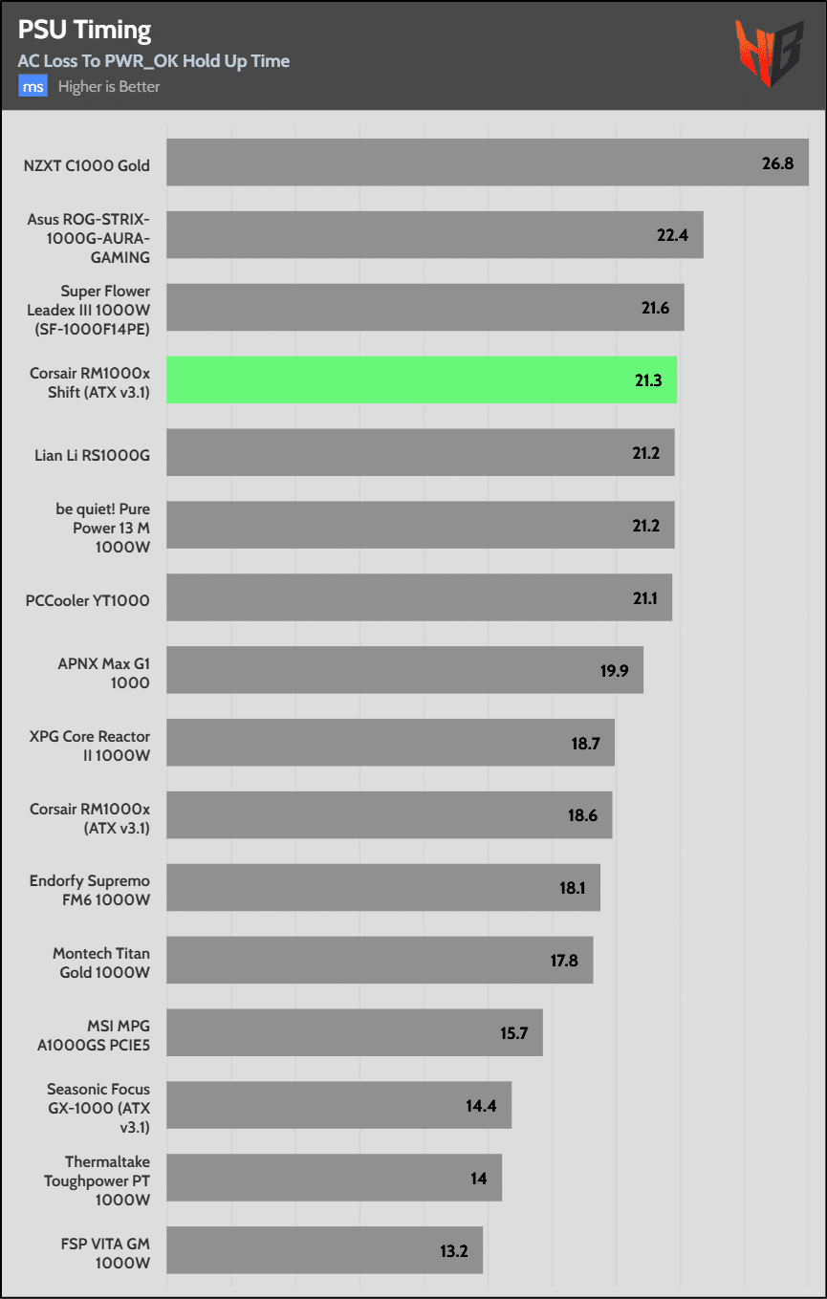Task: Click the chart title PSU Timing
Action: (x=84, y=31)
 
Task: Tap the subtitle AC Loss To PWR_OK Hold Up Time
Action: (x=153, y=61)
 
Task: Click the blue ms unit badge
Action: (x=33, y=87)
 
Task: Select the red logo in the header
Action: (x=768, y=54)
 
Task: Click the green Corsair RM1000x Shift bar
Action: (x=422, y=379)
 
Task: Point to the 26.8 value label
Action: (x=777, y=163)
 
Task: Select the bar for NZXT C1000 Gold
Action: (x=488, y=163)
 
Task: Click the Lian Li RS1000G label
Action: (x=92, y=455)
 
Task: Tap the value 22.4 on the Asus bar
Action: (x=673, y=235)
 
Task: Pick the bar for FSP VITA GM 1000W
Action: (x=324, y=1250)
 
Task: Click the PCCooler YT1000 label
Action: (x=88, y=600)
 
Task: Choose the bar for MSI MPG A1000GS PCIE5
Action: (x=355, y=1033)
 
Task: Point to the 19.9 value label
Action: (x=614, y=670)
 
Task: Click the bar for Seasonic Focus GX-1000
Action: (x=338, y=1106)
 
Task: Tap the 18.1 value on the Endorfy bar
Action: (x=572, y=888)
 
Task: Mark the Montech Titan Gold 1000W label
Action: (x=101, y=963)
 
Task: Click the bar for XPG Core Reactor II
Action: (x=390, y=744)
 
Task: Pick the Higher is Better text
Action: (x=109, y=87)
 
